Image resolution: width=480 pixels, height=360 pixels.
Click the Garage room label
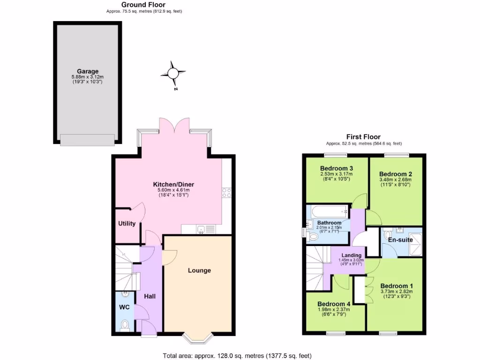tap(88, 71)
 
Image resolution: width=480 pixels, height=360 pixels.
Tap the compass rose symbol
tap(172, 73)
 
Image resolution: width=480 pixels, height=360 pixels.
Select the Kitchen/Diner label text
tap(173, 185)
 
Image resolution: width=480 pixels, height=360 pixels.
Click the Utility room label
tap(127, 224)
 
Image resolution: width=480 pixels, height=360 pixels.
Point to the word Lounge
tap(199, 270)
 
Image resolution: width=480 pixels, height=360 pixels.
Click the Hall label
tap(150, 296)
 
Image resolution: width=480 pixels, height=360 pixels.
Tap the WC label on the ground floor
tap(124, 307)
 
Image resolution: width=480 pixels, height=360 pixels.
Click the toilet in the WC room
tap(125, 324)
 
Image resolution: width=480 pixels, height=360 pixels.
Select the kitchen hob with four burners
tap(226, 193)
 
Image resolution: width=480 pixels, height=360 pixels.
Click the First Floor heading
tap(363, 137)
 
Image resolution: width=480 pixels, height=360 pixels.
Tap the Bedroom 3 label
tap(336, 168)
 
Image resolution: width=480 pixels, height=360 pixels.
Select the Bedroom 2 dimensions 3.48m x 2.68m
tap(395, 179)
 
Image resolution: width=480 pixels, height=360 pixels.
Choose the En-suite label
tap(400, 240)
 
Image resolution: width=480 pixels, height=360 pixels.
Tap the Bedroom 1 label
tap(397, 286)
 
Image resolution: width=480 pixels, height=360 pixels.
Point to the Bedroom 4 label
tap(333, 303)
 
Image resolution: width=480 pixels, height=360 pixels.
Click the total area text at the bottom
tap(237, 356)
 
